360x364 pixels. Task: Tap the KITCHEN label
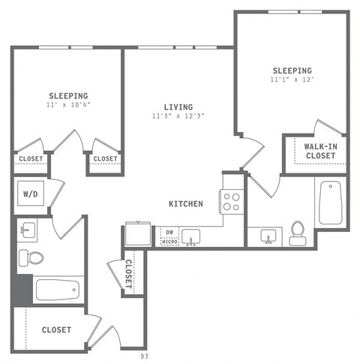pyautogui.click(x=186, y=203)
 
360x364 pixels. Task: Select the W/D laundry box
pyautogui.click(x=31, y=194)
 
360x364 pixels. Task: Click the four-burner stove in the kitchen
pyautogui.click(x=230, y=200)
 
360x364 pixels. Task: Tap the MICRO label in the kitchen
pyautogui.click(x=169, y=242)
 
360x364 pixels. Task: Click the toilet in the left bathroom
pyautogui.click(x=33, y=257)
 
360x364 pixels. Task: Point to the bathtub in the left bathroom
pyautogui.click(x=57, y=290)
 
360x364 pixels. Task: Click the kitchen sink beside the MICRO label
pyautogui.click(x=191, y=237)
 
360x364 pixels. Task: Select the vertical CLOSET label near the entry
pyautogui.click(x=128, y=274)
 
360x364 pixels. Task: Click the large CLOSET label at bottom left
pyautogui.click(x=56, y=329)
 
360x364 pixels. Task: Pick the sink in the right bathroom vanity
pyautogui.click(x=266, y=237)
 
